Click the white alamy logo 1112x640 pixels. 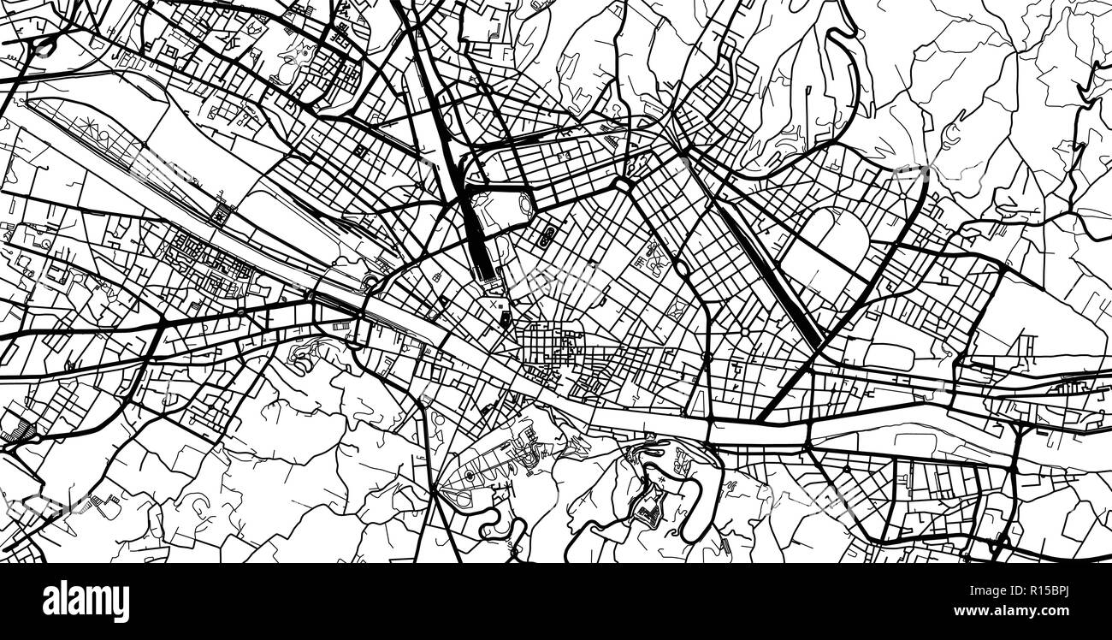[86, 601]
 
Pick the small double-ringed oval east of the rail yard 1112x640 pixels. [546, 235]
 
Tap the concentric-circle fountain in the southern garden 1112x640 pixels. [469, 476]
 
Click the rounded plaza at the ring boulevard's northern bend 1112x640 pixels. [622, 184]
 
